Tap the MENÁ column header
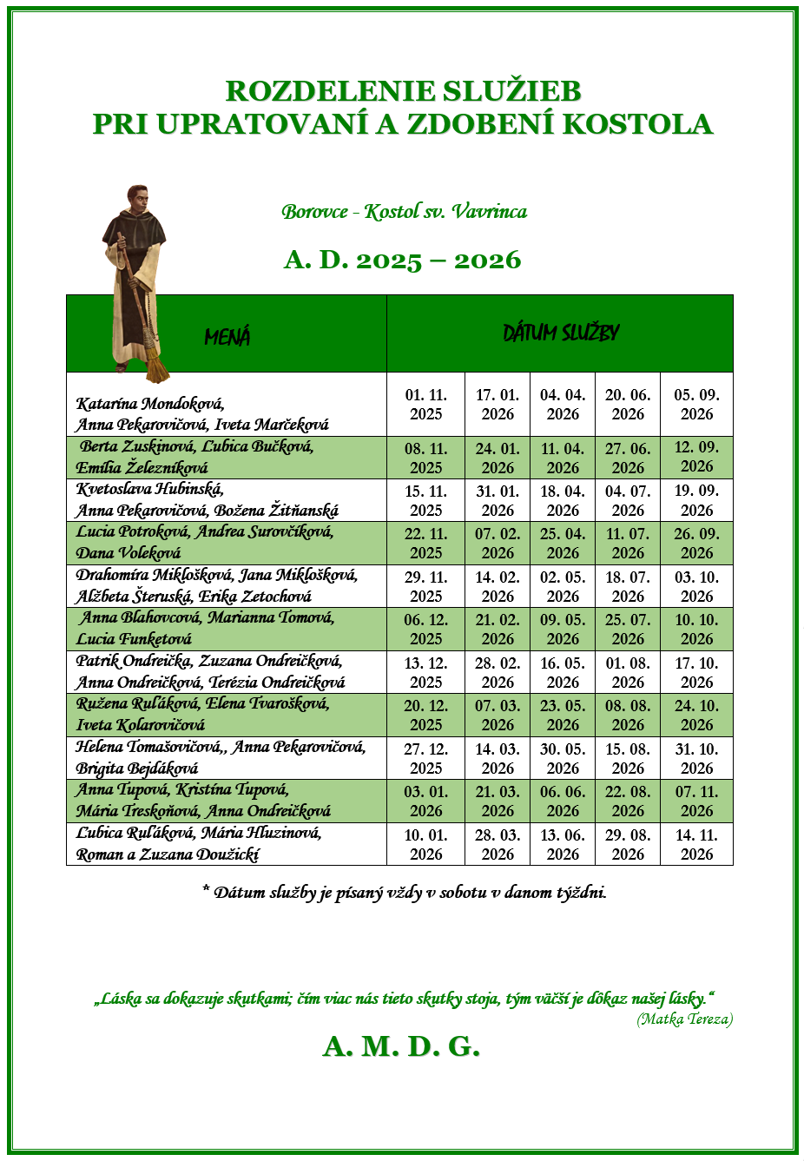coord(227,337)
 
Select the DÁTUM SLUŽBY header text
coord(561,333)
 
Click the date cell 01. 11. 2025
coord(425,405)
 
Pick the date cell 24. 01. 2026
coord(498,458)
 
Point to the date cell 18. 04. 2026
coord(563,501)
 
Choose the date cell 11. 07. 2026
coord(628,544)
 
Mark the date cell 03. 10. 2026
coord(696,586)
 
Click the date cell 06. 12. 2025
coord(425,630)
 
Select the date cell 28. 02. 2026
coord(498,672)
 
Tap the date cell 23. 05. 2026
coord(563,716)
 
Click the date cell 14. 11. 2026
coord(696,844)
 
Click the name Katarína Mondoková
coord(150,404)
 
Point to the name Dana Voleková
coord(129,553)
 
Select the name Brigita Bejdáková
coord(137,769)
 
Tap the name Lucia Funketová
coord(134,639)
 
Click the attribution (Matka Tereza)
coord(684,1019)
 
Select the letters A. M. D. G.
coord(401,1047)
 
